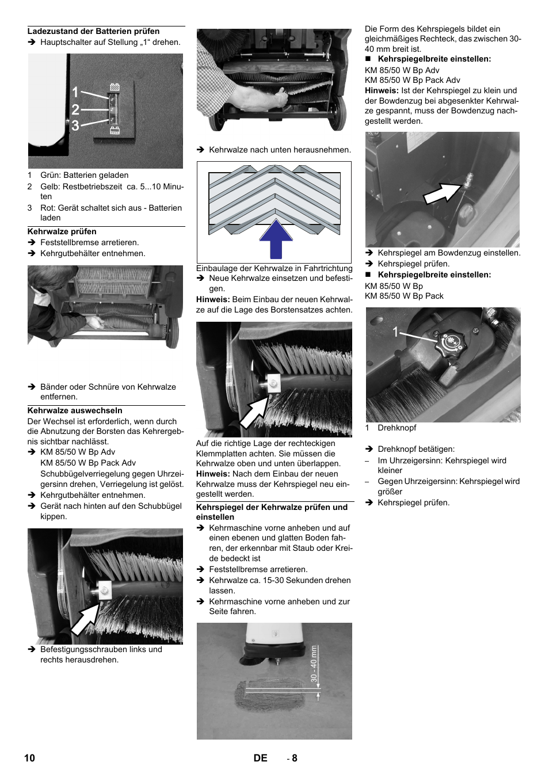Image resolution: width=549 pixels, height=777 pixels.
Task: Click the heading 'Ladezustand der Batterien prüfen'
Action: tap(93, 32)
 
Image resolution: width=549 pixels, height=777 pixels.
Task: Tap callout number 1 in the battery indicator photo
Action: tap(75, 92)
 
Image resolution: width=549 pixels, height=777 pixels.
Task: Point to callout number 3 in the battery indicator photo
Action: tap(75, 125)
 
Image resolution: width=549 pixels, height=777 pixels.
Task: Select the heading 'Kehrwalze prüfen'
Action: tap(62, 231)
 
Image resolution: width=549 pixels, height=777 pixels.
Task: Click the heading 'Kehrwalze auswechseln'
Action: tap(75, 410)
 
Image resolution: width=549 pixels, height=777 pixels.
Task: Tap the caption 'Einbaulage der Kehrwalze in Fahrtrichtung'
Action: tap(274, 268)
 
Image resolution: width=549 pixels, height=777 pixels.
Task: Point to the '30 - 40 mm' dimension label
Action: tap(314, 664)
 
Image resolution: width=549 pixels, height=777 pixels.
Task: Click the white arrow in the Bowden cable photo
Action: tap(441, 191)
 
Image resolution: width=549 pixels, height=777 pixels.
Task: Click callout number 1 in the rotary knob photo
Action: tap(395, 332)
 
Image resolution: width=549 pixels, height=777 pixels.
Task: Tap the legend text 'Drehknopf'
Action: tap(396, 428)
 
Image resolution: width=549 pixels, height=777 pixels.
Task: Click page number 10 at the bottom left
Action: tap(29, 758)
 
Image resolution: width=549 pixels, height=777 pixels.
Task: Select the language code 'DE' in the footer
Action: tap(260, 758)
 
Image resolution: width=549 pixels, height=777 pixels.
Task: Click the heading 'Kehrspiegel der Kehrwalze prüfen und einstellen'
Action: tap(272, 512)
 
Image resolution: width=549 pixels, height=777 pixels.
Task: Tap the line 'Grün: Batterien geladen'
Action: tap(84, 175)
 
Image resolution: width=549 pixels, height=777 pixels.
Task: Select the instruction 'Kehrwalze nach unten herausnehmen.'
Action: tap(280, 150)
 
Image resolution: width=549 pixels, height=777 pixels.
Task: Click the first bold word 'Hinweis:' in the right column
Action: tap(382, 90)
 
